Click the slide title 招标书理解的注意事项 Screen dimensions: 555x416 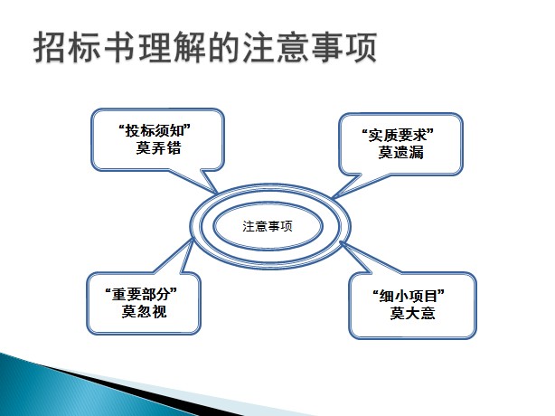[x=205, y=47]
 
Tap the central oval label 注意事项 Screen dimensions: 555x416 [x=268, y=226]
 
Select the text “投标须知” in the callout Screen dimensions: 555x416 [x=155, y=130]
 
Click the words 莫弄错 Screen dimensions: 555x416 [x=158, y=147]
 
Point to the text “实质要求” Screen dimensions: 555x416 [x=398, y=136]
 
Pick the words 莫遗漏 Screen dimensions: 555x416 [x=400, y=152]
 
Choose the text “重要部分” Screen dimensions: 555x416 [x=141, y=295]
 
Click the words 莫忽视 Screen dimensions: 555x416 [x=144, y=312]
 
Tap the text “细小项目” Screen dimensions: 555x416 [x=409, y=296]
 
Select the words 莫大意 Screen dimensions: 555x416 [x=413, y=313]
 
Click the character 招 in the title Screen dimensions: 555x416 [x=50, y=47]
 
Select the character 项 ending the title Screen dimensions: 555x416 [x=361, y=47]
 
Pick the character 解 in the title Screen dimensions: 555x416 [x=189, y=47]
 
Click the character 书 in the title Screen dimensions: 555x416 [x=119, y=47]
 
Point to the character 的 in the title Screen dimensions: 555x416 [x=223, y=47]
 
